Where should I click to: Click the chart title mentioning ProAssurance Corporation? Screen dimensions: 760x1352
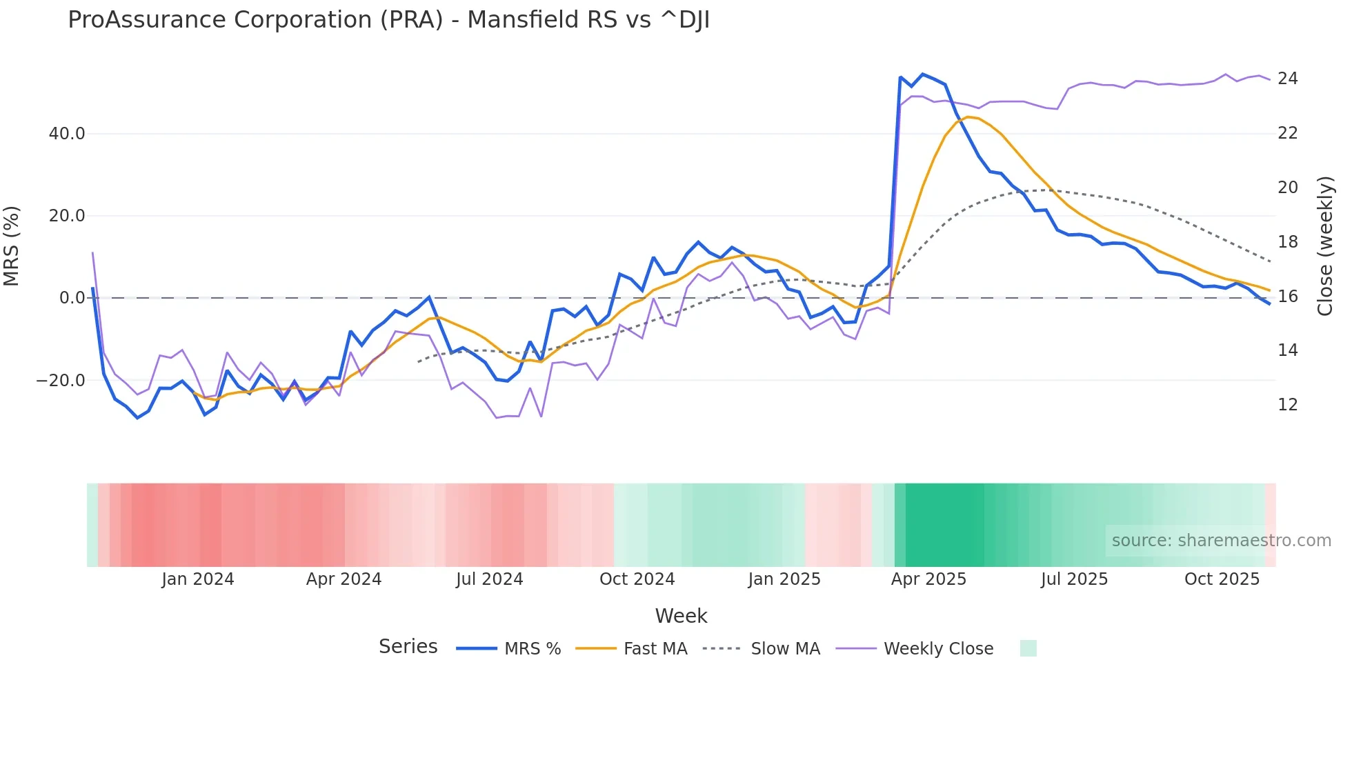[388, 20]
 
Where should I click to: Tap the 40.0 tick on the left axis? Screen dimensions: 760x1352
[67, 134]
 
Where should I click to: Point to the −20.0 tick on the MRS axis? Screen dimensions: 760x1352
[61, 381]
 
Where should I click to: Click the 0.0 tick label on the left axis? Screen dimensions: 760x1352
[72, 298]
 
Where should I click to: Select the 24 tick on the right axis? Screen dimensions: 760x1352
[1287, 79]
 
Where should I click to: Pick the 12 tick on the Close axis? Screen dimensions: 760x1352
[1287, 405]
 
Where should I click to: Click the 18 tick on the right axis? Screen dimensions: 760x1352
[1287, 242]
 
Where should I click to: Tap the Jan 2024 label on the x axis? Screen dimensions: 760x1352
[198, 579]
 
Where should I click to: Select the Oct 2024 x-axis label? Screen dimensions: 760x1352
[637, 579]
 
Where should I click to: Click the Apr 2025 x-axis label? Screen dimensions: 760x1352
[928, 579]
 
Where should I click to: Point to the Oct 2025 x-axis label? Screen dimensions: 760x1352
[1222, 579]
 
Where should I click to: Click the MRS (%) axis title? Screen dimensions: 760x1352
[12, 246]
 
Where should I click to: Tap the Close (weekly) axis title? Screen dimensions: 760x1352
[1325, 246]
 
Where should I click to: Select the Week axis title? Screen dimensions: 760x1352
[681, 616]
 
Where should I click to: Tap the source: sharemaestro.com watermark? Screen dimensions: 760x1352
[1221, 541]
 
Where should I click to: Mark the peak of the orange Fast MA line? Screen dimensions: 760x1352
[968, 117]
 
